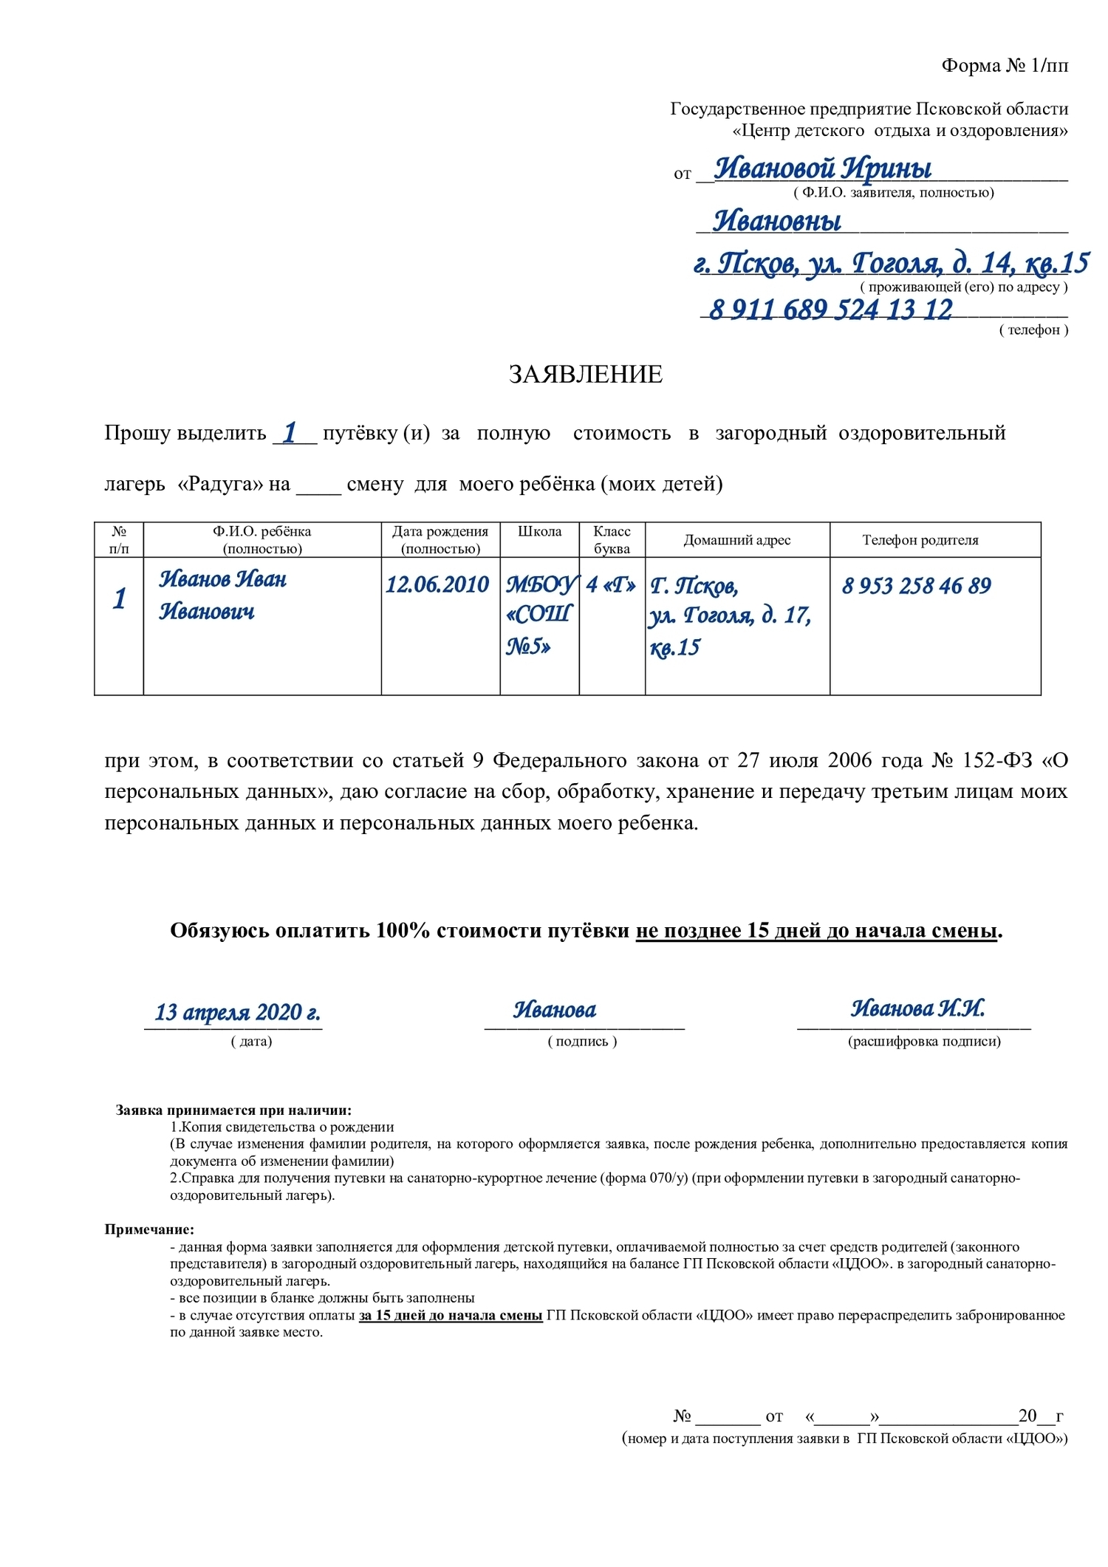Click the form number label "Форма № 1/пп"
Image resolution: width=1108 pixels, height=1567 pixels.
coord(1004,66)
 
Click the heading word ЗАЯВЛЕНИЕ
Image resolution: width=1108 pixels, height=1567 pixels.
coord(585,375)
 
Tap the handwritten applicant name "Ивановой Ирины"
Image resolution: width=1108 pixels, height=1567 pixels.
coord(822,168)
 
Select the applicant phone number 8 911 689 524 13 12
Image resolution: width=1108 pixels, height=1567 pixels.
coord(830,310)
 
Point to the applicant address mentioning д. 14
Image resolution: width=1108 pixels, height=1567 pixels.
coord(891,263)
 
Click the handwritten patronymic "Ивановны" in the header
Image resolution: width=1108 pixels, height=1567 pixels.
coord(776,220)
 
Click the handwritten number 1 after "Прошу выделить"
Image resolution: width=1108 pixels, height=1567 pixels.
coord(291,432)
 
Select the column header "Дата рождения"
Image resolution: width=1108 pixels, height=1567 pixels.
coord(440,539)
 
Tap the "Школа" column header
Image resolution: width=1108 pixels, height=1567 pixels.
coord(539,532)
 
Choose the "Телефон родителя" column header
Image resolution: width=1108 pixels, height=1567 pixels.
coord(920,540)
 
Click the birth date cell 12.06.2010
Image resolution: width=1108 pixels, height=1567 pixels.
coord(437,585)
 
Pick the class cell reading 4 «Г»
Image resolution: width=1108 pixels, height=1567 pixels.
coord(611,585)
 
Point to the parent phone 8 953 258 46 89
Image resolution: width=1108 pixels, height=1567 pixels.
coord(916,586)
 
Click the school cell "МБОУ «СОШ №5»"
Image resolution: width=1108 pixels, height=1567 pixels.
coord(539,615)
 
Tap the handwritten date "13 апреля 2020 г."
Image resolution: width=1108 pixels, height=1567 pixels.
coord(236,1011)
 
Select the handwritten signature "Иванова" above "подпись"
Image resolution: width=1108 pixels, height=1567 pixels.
coord(555,1009)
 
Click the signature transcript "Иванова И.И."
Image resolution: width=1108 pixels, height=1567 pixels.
coord(917,1008)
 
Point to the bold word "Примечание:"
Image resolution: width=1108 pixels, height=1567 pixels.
coord(149,1229)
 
